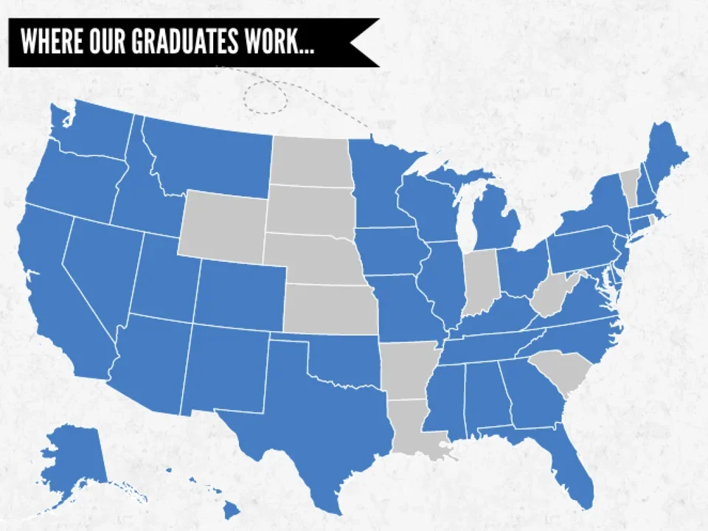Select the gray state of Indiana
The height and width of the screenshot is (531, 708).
[x=480, y=280]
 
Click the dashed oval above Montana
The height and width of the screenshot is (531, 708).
[x=265, y=97]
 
